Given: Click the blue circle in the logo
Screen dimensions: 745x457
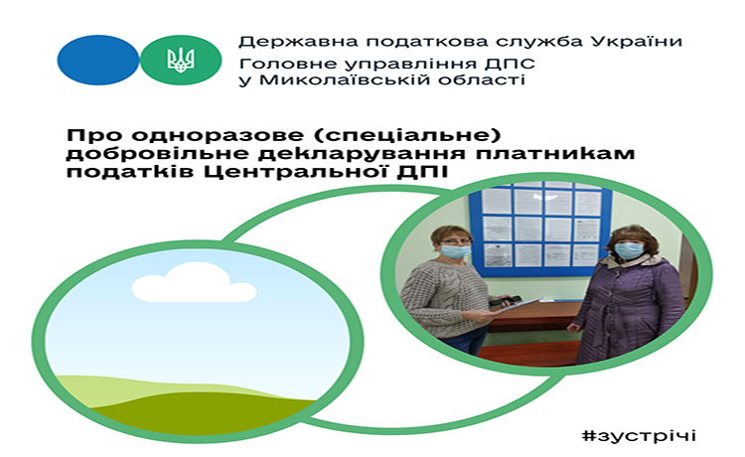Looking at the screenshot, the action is click(98, 60).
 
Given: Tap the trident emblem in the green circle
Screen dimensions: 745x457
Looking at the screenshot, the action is click(181, 60).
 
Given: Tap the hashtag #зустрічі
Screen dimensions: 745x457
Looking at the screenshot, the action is click(639, 435).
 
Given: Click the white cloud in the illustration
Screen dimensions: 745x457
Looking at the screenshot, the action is click(193, 283).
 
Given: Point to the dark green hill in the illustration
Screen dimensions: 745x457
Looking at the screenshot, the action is click(205, 413).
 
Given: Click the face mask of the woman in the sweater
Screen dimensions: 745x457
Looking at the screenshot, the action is click(455, 250).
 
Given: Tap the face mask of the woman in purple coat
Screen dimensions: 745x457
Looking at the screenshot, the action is click(628, 250).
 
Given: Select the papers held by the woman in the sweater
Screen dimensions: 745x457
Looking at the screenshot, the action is click(518, 305).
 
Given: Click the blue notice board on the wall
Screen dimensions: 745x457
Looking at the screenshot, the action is click(539, 228).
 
